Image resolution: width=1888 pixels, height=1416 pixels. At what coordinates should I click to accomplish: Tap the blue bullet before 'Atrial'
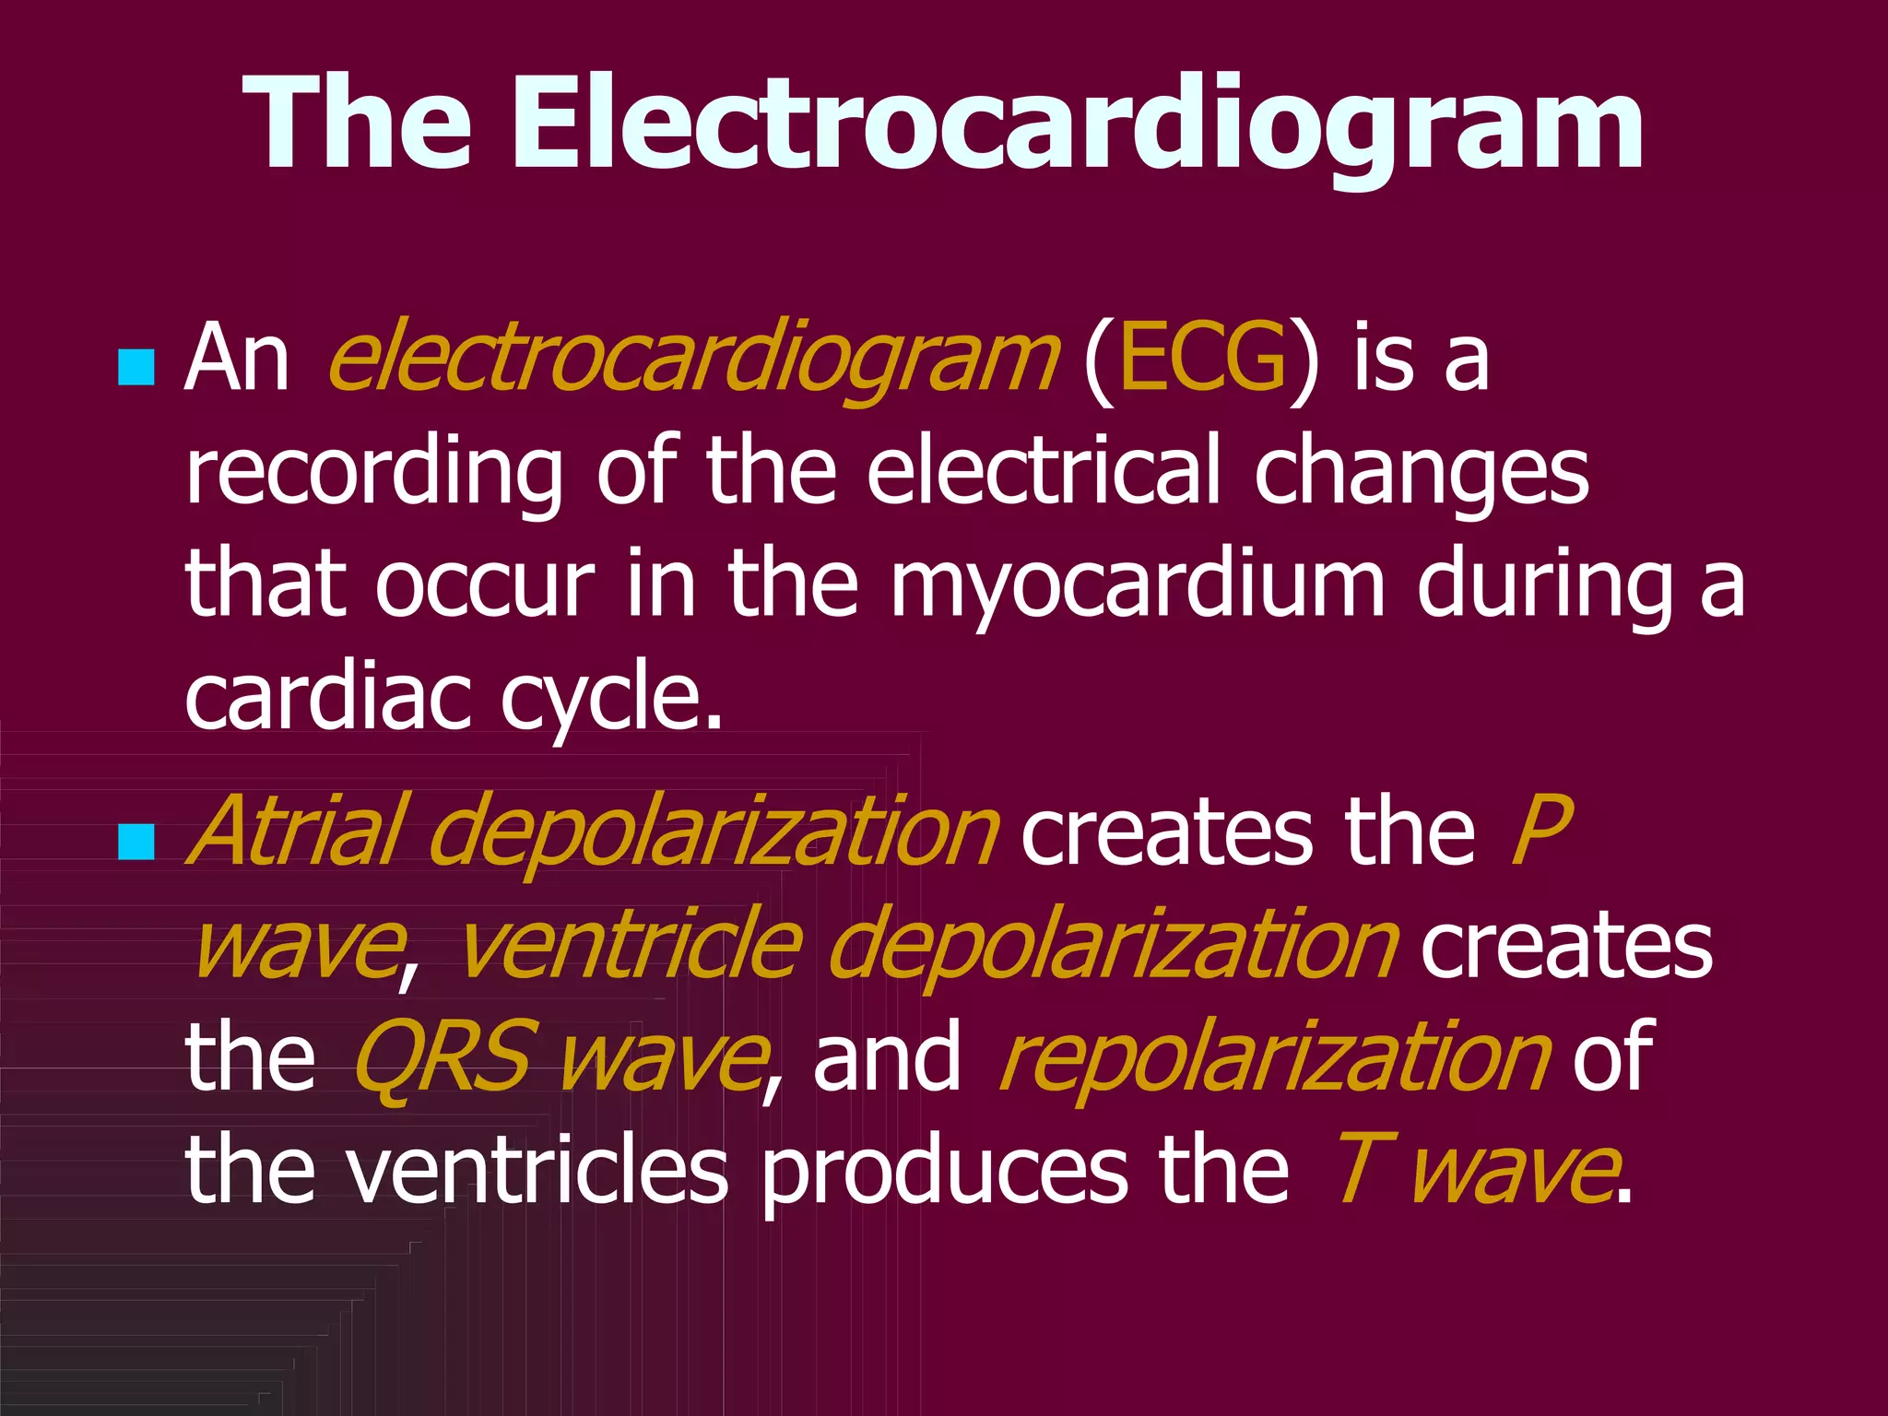coord(136,842)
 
